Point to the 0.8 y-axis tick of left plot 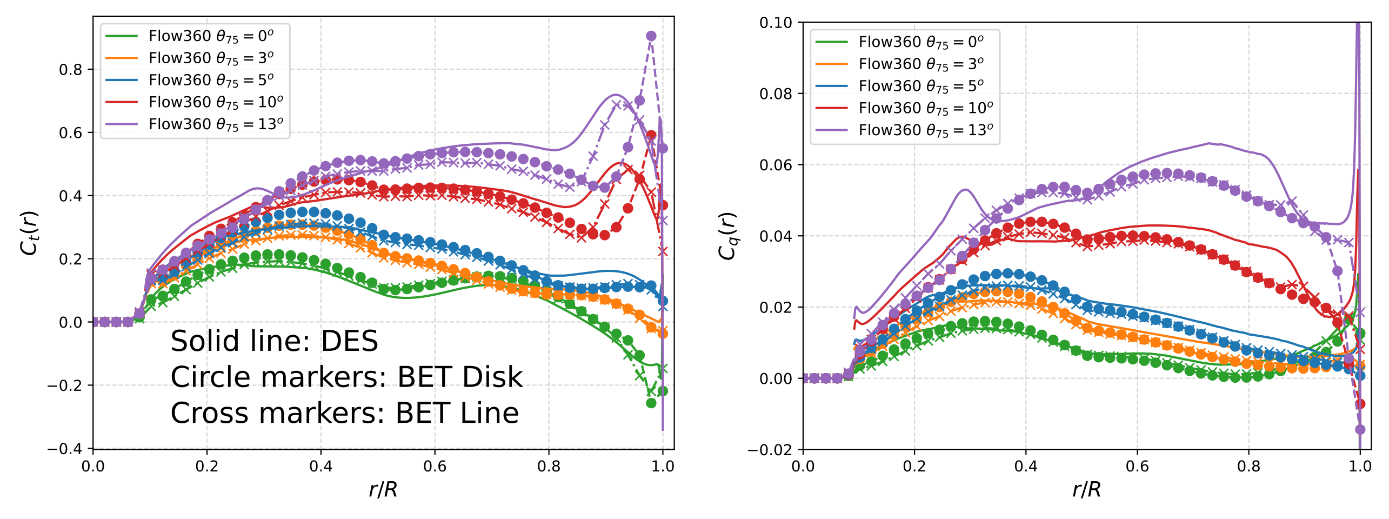(71, 70)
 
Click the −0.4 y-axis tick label (65, 449)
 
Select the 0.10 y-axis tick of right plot (776, 23)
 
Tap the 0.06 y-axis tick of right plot (776, 165)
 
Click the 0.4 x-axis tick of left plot (321, 466)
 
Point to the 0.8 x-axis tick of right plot (1249, 466)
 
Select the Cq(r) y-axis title (727, 236)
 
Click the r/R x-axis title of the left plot (383, 490)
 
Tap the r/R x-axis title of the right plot (1087, 490)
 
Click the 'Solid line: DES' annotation (274, 341)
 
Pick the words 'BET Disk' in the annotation (460, 377)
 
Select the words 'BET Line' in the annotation (457, 413)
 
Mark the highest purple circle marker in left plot (651, 36)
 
